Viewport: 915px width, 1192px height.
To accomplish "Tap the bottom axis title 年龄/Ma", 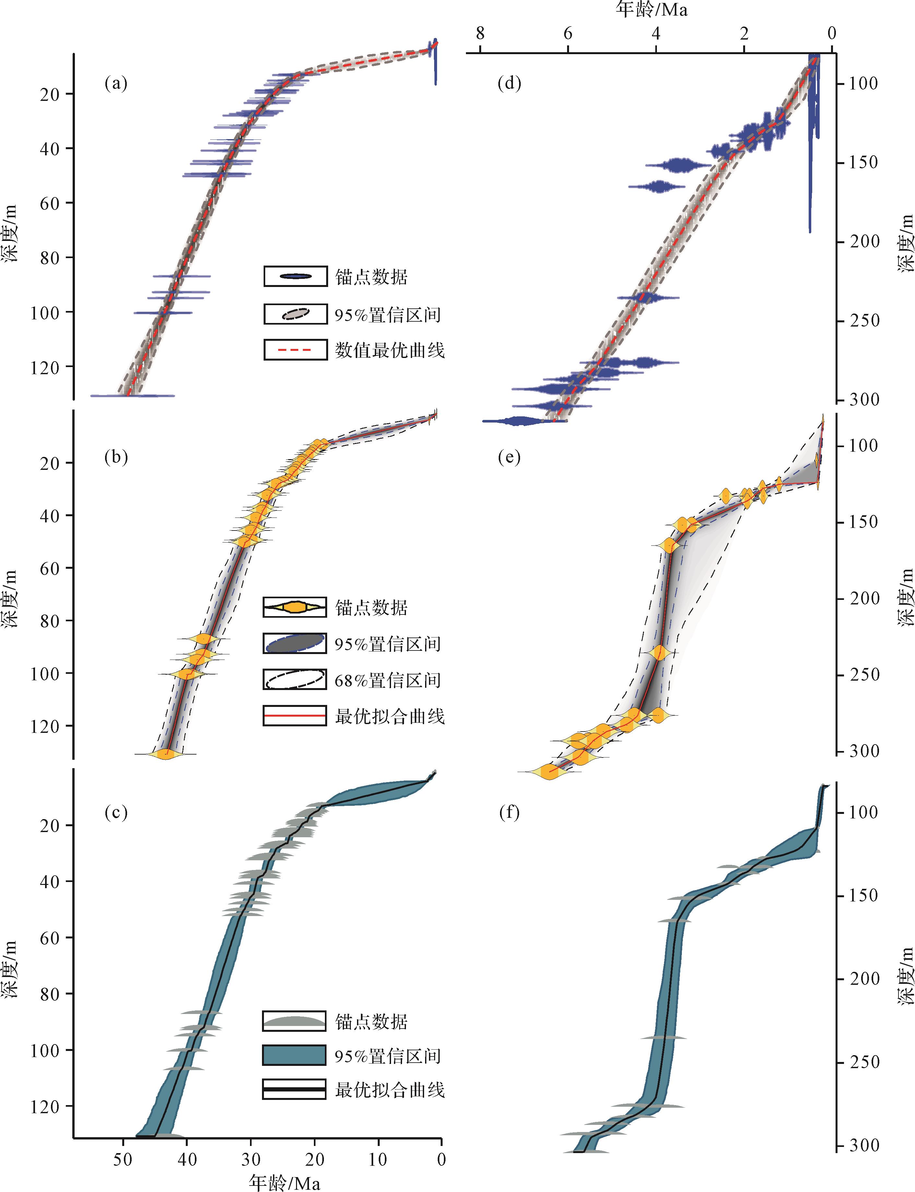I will pyautogui.click(x=284, y=1182).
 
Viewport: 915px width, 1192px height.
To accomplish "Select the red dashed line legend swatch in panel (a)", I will pyautogui.click(x=295, y=350).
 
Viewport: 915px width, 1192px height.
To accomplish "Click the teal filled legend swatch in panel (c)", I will pyautogui.click(x=295, y=1055).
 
